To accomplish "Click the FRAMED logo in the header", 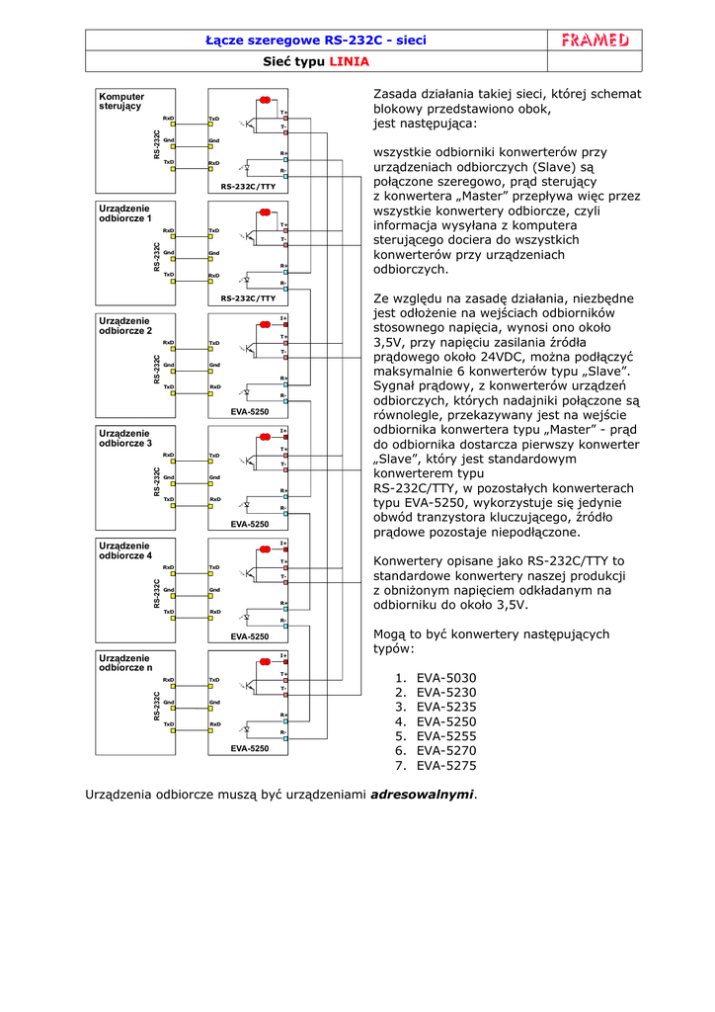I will point(595,40).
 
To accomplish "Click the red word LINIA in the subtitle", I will point(350,61).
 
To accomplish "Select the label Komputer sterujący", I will point(120,101).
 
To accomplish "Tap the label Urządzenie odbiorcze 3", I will point(124,438).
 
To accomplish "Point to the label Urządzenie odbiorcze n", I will point(124,663).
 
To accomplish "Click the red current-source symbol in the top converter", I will point(265,100).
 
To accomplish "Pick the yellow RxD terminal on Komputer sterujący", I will point(173,126).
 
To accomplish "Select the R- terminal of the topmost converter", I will point(284,174).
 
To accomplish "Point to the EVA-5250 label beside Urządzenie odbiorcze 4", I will point(249,636).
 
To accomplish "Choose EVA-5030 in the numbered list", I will point(446,678).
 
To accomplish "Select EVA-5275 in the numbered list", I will point(446,765).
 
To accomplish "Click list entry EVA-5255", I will point(446,736).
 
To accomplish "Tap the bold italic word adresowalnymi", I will point(422,794).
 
